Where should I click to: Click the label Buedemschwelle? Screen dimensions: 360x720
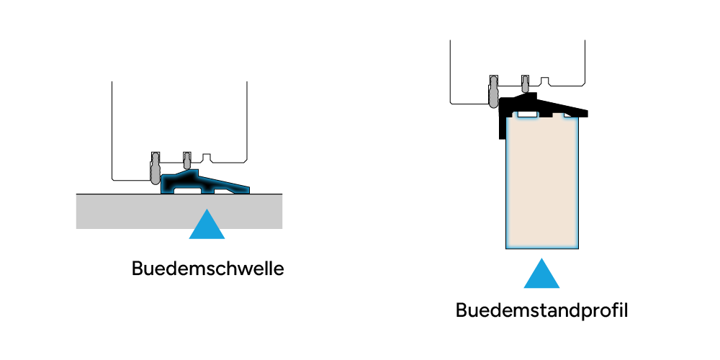(207, 269)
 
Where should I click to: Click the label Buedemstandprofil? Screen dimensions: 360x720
(542, 311)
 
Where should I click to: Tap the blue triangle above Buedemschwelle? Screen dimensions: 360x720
(207, 225)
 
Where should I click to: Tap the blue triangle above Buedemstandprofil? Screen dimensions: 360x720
(541, 274)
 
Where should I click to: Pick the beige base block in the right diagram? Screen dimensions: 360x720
(542, 184)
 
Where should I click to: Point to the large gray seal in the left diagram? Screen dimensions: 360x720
(155, 170)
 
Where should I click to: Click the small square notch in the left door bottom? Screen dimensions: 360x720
(207, 157)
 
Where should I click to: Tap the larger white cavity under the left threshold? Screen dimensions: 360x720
(189, 192)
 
